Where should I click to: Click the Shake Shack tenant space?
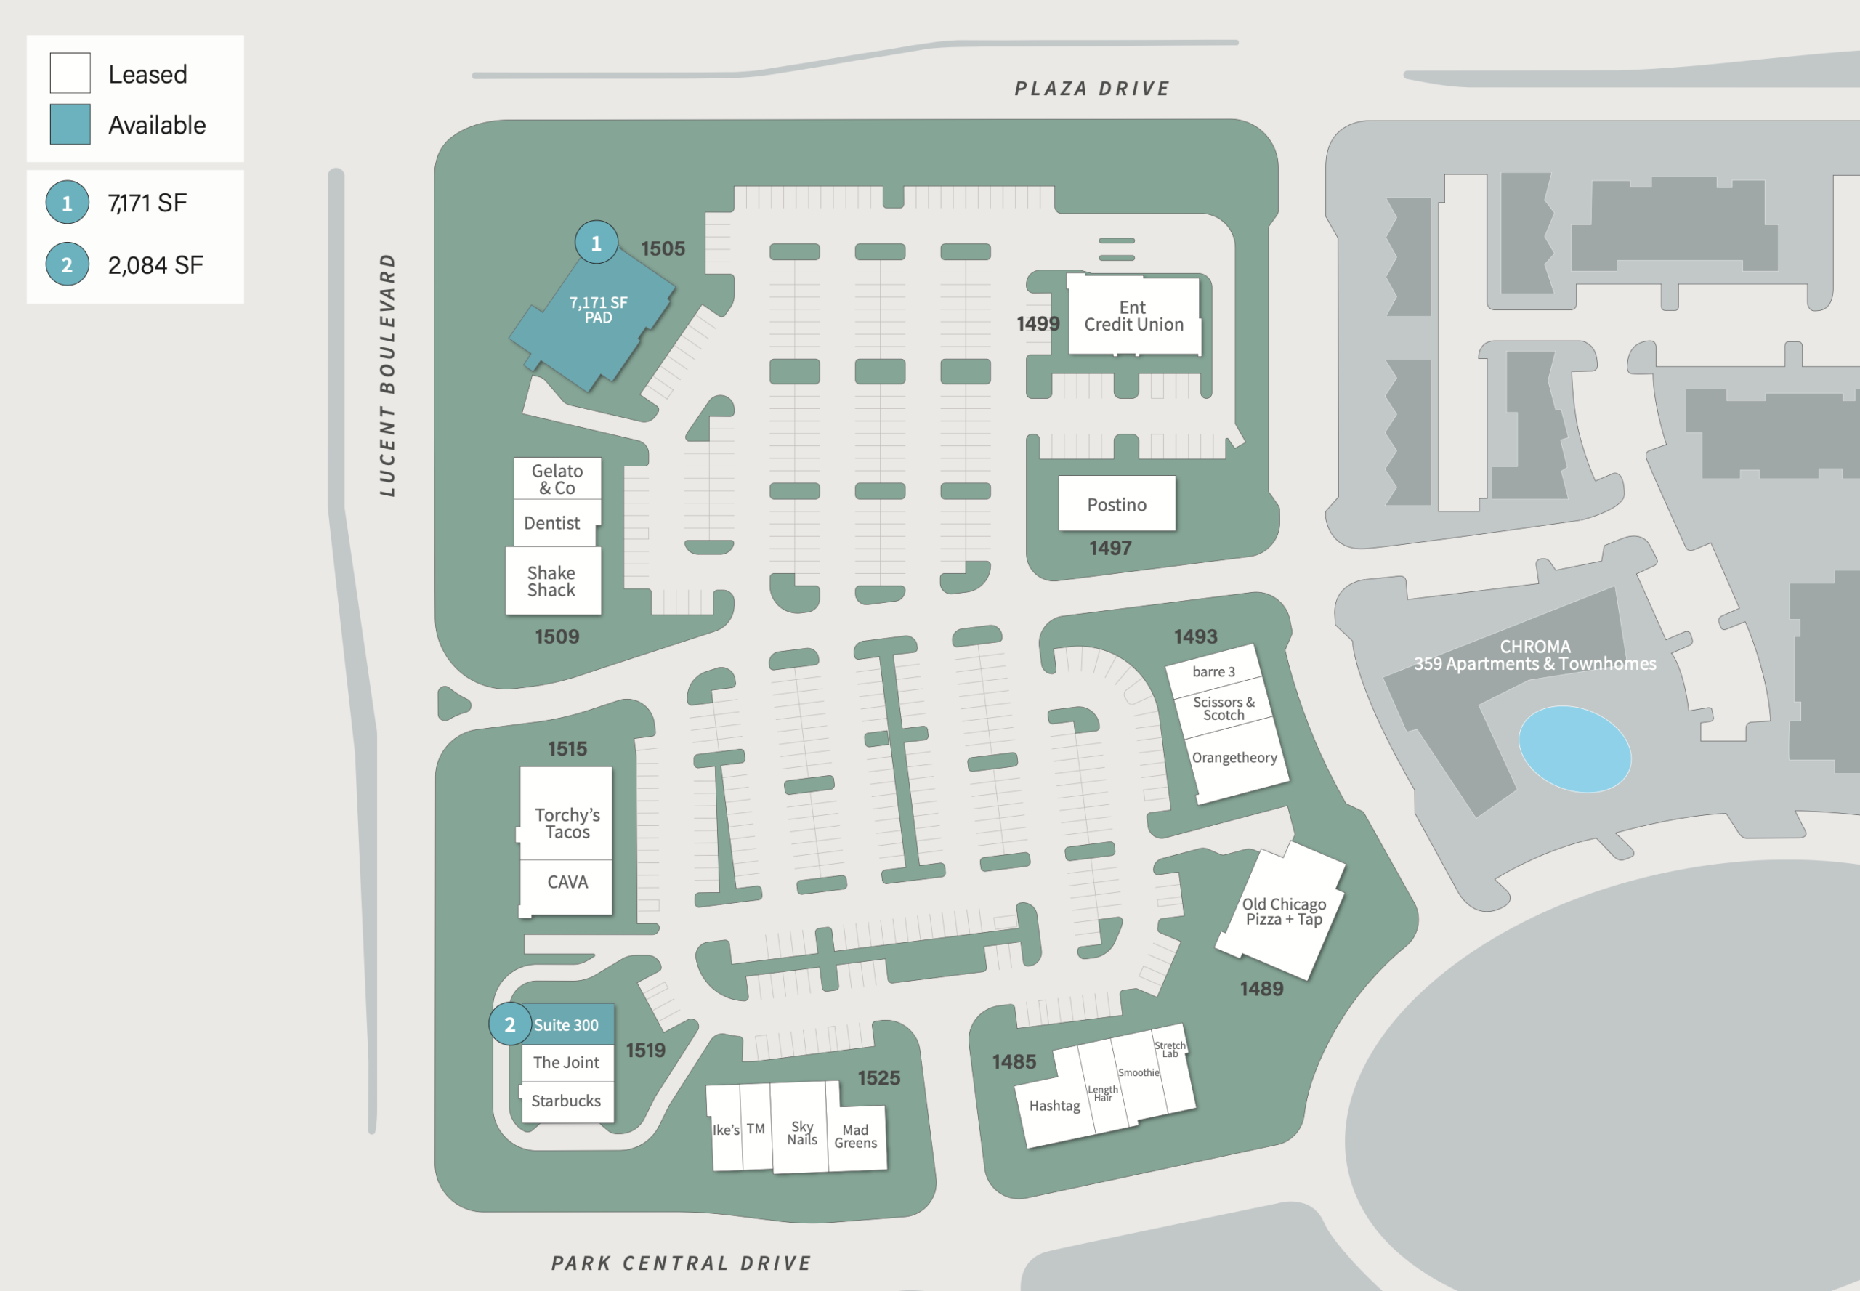(x=553, y=580)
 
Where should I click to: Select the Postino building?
(x=1117, y=503)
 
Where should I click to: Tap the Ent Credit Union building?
(x=1133, y=315)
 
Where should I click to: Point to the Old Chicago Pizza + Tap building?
(x=1281, y=910)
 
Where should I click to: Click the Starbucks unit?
(x=566, y=1101)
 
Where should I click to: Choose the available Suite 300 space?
(x=566, y=1025)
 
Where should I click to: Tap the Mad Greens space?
(x=857, y=1136)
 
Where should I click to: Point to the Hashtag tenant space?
(x=1054, y=1105)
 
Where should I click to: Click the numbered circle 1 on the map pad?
(x=597, y=243)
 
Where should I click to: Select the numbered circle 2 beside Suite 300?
(x=510, y=1024)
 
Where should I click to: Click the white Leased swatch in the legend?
(x=70, y=73)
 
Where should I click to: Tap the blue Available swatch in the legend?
(x=70, y=124)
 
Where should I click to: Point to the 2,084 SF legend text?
(x=155, y=265)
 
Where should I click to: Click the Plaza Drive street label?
(x=1092, y=88)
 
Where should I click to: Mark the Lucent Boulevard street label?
(x=387, y=375)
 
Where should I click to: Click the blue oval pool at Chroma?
(x=1574, y=749)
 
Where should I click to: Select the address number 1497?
(x=1110, y=549)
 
